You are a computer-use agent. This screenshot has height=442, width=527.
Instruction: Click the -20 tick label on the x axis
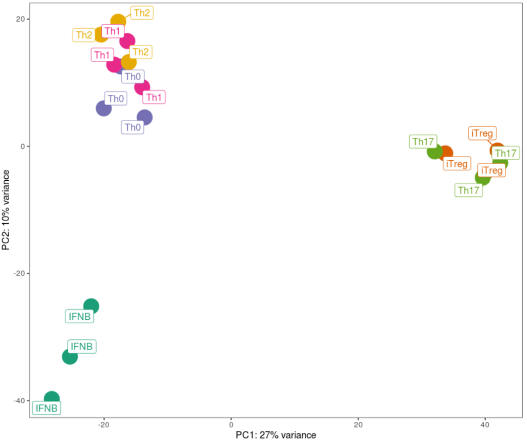pos(103,424)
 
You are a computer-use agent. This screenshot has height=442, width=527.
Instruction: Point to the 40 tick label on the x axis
pos(485,424)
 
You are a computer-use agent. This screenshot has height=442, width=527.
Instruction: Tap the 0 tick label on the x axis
pos(231,424)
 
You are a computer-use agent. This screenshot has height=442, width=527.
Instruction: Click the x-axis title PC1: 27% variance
pos(276,435)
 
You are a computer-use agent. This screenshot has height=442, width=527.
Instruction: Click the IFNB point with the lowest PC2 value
pos(52,399)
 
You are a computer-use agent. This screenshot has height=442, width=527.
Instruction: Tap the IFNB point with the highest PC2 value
pos(91,306)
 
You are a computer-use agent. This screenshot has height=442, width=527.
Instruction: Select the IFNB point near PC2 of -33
pos(70,357)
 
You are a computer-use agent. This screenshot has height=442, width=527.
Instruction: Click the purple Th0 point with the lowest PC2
pos(144,117)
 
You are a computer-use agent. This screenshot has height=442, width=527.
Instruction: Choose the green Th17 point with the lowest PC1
pos(434,151)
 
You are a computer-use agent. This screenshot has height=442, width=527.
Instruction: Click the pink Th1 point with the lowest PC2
pos(142,87)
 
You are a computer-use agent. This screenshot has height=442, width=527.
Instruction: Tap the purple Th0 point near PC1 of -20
pos(103,108)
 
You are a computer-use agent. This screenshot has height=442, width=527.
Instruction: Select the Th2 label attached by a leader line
pos(142,13)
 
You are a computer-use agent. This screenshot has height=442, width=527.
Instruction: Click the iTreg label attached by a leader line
pos(483,133)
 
